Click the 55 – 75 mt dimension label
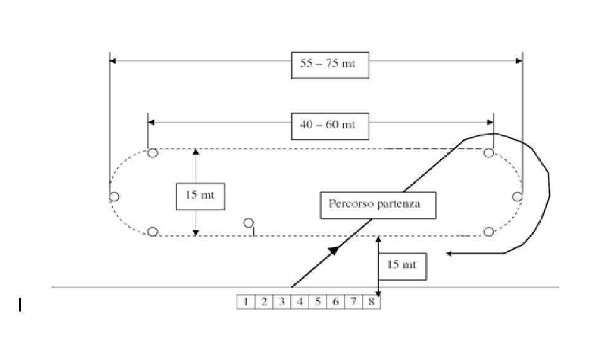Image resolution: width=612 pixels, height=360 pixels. point(330,65)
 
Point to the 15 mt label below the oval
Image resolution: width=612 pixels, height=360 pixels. point(402,265)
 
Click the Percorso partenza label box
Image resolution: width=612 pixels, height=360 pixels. point(378,204)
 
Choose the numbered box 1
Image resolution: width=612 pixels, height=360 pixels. point(246,302)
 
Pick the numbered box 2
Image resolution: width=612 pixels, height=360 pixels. point(264,302)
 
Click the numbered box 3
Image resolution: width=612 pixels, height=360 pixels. point(281,302)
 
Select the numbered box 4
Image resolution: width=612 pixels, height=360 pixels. point(300,302)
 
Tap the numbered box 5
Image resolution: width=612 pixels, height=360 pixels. point(318,302)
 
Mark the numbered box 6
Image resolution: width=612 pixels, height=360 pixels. point(335,302)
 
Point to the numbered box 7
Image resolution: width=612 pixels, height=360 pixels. point(354,302)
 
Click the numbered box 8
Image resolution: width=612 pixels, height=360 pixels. point(372,302)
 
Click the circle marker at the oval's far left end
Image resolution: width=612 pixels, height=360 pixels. point(114,197)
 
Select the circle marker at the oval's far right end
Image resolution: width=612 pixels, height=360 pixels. point(517,197)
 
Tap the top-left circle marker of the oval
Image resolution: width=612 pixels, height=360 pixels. point(153,153)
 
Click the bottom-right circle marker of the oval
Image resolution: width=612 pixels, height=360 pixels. point(489,232)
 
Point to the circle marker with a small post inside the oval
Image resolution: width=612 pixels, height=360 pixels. point(248,223)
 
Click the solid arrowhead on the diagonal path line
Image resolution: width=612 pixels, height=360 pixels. point(334,249)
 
